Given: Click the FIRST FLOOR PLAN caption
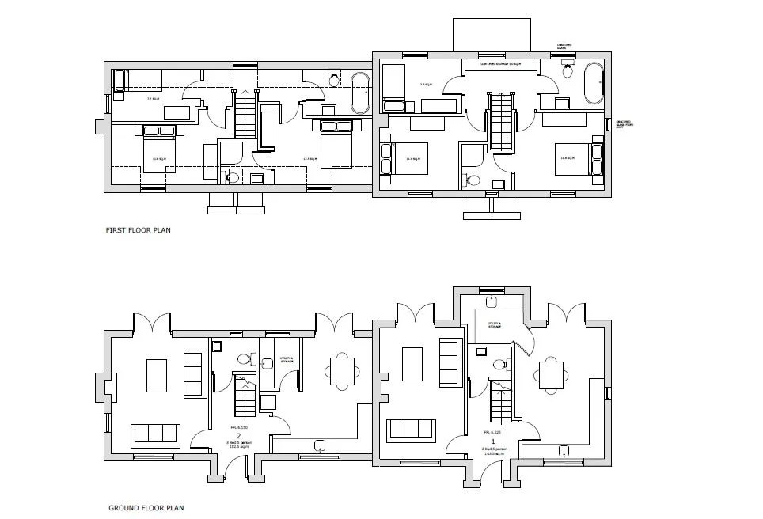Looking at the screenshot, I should (139, 231).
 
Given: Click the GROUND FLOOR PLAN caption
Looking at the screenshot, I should (147, 508).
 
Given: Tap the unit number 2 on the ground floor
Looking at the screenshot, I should (238, 435).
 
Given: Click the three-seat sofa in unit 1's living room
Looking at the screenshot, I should (412, 430).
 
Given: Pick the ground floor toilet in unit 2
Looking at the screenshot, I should (245, 358).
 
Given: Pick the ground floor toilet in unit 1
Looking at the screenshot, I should (499, 365).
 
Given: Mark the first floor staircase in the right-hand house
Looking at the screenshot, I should (501, 120).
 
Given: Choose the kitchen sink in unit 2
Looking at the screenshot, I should (321, 445).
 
